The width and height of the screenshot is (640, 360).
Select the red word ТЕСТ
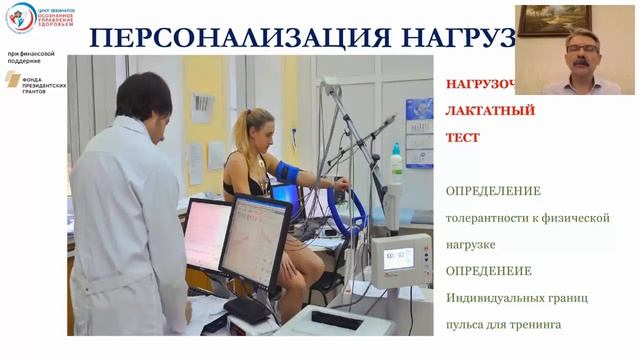point(463,137)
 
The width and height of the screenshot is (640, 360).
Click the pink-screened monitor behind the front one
point(208,231)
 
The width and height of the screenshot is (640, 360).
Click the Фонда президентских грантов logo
point(31,79)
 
